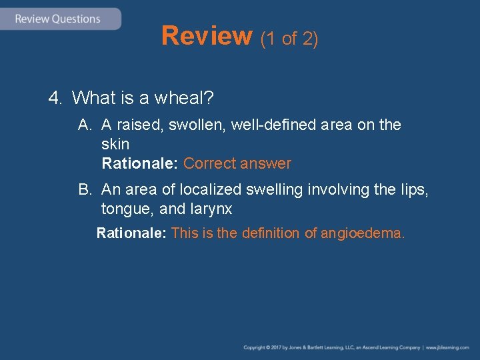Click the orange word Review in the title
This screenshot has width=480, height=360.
tap(207, 36)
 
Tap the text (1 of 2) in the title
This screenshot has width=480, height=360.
tap(289, 39)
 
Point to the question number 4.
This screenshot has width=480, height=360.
tap(55, 99)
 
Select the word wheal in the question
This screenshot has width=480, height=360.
tap(184, 99)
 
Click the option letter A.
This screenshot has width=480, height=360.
tap(84, 125)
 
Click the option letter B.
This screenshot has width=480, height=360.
tap(84, 190)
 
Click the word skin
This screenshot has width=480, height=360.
tap(115, 144)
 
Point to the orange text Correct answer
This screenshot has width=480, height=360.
tap(237, 163)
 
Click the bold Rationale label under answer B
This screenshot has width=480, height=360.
tap(131, 233)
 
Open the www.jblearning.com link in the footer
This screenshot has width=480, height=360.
tap(448, 347)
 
